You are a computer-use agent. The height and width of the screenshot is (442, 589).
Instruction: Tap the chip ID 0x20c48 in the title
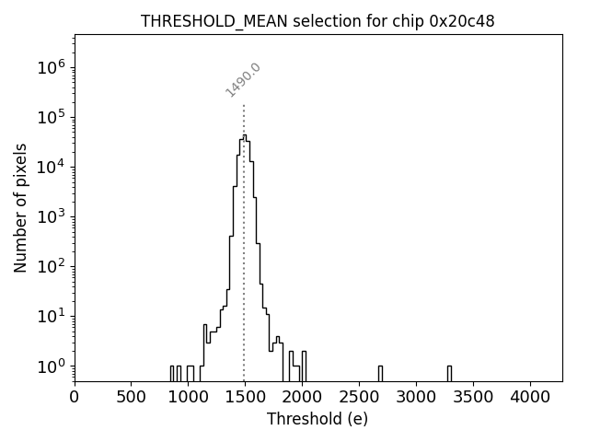tap(462, 21)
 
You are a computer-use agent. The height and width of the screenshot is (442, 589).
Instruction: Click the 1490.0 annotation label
tap(243, 80)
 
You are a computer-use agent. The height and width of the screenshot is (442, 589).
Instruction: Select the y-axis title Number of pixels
tap(20, 207)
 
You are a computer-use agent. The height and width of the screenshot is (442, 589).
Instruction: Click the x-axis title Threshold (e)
tap(318, 419)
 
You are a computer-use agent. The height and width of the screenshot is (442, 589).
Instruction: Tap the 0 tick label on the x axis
tap(75, 397)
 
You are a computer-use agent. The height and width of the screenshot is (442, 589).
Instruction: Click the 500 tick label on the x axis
tap(132, 397)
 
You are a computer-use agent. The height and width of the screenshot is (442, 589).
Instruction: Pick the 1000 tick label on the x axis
tap(189, 397)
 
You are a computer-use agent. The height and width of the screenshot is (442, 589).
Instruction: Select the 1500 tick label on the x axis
tap(245, 397)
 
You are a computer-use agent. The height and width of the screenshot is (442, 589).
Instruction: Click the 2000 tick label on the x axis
tap(302, 397)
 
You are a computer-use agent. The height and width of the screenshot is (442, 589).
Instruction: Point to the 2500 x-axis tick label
tap(359, 397)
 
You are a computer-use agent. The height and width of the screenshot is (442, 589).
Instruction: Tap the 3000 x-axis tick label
tap(416, 397)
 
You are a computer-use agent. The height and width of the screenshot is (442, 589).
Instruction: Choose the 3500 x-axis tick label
tap(473, 397)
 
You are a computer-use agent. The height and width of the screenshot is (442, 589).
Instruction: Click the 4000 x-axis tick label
tap(530, 397)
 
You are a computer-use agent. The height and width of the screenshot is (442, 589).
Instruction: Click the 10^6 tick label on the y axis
tap(51, 67)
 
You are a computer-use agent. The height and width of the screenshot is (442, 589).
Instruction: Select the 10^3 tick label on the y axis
tap(51, 216)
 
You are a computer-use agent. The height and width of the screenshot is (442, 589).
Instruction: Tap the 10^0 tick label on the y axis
tap(51, 366)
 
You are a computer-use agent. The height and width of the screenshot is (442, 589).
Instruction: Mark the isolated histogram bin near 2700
tap(380, 372)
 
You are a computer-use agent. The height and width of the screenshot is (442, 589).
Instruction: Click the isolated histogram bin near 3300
tap(449, 372)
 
